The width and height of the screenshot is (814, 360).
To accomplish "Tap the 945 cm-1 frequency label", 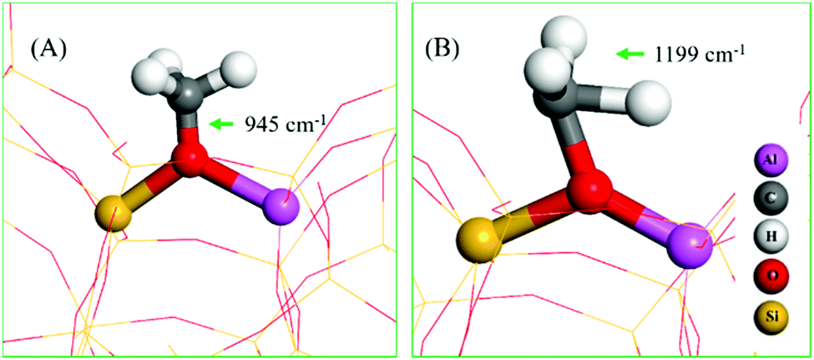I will [x=285, y=124].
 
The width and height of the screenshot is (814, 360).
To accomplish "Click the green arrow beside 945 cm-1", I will [x=221, y=124].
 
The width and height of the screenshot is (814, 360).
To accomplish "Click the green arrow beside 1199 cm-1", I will [x=631, y=54].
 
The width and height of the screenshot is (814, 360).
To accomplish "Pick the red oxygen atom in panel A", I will [x=189, y=157].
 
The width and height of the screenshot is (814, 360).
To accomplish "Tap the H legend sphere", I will [x=772, y=237].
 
